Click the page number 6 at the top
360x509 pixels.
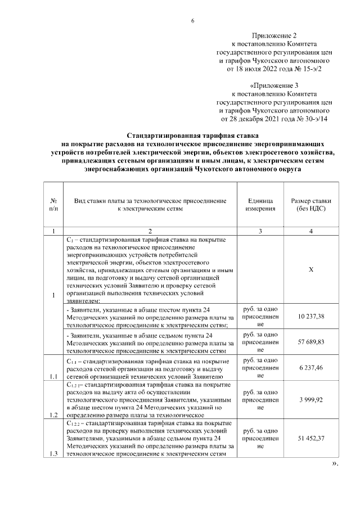pos(192,21)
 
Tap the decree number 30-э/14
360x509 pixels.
pos(314,119)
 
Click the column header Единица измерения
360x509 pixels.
pos(260,204)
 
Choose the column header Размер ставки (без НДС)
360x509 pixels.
pos(310,204)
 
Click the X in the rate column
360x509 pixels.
pos(311,269)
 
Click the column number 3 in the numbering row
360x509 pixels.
pos(260,231)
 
